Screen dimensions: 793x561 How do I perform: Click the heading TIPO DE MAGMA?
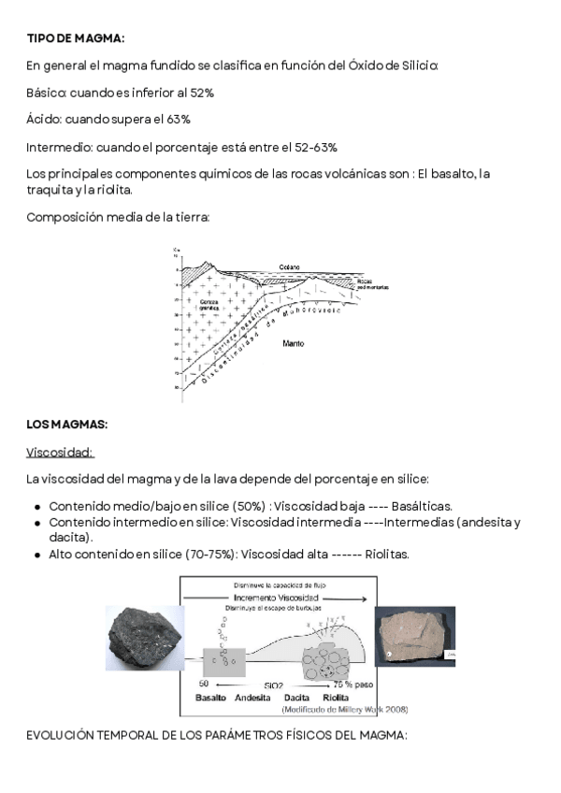pos(75,37)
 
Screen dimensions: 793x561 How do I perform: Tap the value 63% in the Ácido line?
pos(179,120)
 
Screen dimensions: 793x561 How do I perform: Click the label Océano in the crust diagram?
pos(287,267)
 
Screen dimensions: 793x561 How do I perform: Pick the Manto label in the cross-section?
pos(293,344)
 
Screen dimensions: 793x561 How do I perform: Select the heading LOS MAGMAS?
pos(67,425)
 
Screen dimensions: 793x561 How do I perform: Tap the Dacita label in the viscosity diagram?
pos(297,698)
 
